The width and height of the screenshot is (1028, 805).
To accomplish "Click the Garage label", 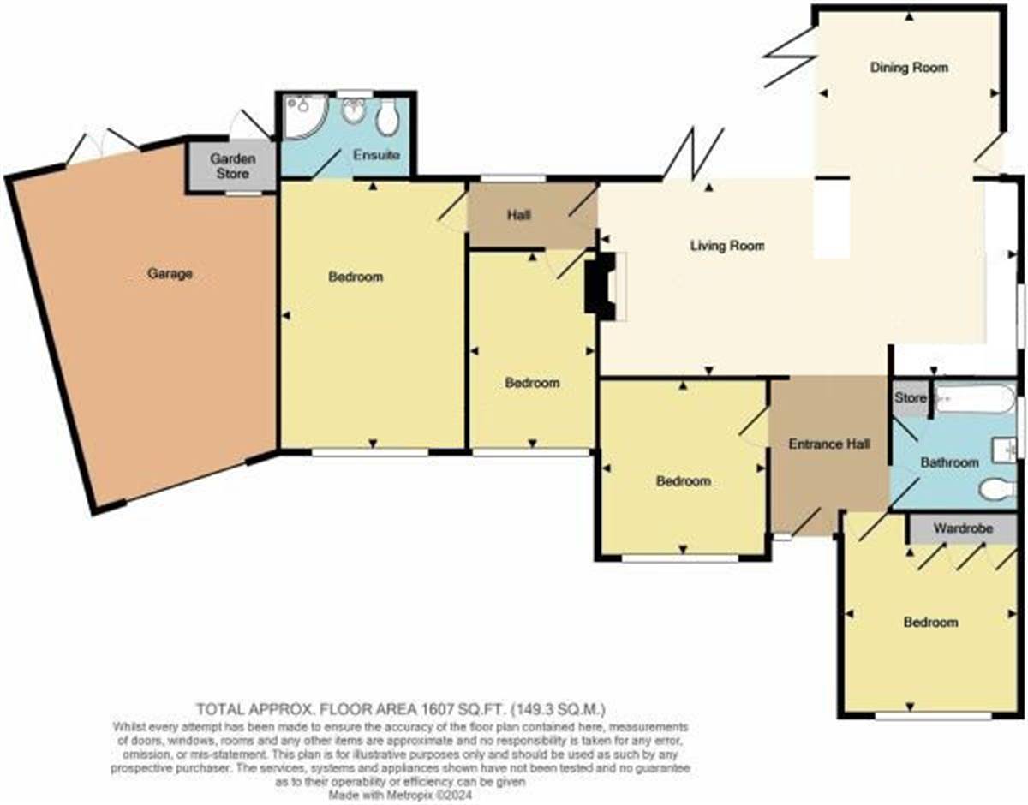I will pyautogui.click(x=170, y=274).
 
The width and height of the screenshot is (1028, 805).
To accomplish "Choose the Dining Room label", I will pyautogui.click(x=909, y=68).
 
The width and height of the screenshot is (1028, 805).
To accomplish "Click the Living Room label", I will pyautogui.click(x=727, y=246).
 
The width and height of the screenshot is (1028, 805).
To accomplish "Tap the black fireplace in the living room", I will pyautogui.click(x=596, y=286).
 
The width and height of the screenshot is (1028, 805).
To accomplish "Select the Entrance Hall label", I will pyautogui.click(x=829, y=444).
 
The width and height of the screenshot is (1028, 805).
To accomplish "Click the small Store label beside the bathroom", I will pyautogui.click(x=910, y=398).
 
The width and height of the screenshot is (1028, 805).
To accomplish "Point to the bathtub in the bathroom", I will pyautogui.click(x=972, y=398).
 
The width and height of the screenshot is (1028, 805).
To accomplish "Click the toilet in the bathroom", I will pyautogui.click(x=997, y=489).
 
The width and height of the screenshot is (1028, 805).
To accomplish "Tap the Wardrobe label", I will pyautogui.click(x=963, y=529).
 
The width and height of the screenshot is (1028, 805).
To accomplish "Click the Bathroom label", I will pyautogui.click(x=949, y=462).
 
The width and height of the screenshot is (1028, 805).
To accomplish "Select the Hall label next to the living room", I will pyautogui.click(x=519, y=215).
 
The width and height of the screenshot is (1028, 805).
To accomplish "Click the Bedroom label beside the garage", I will pyautogui.click(x=356, y=277).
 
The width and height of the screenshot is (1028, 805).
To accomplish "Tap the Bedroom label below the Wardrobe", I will pyautogui.click(x=931, y=623).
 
